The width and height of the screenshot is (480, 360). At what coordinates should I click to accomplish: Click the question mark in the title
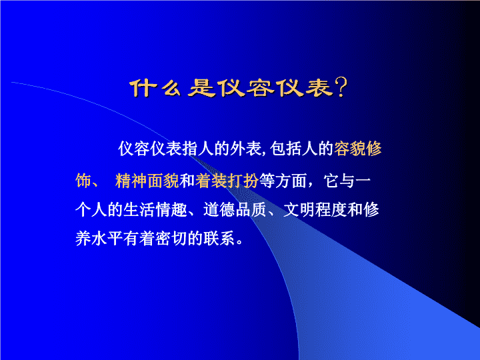click(x=341, y=88)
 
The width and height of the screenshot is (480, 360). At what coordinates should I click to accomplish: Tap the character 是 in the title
click(x=201, y=89)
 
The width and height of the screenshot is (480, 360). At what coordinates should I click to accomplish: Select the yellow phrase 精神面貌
click(x=147, y=181)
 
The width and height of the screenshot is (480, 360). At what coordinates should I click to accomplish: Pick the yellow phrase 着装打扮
click(x=227, y=181)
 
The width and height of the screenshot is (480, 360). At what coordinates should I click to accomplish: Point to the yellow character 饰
click(x=83, y=181)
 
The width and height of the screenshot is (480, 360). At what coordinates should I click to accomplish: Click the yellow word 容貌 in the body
click(x=349, y=149)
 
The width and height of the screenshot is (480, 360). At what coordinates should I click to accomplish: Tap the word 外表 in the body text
click(x=246, y=149)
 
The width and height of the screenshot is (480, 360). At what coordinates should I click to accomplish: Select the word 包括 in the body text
click(x=285, y=149)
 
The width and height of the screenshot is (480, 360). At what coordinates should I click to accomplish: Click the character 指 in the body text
click(x=190, y=149)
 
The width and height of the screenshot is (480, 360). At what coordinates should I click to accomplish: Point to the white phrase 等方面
click(x=283, y=181)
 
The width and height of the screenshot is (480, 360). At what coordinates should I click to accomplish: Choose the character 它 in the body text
click(x=331, y=181)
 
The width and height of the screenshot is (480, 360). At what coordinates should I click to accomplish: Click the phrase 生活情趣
click(x=155, y=210)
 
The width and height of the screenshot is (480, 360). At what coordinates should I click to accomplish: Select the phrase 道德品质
click(x=235, y=210)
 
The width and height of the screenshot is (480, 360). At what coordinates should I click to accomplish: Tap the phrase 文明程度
click(x=315, y=210)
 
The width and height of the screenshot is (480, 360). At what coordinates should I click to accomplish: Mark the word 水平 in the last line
click(x=107, y=239)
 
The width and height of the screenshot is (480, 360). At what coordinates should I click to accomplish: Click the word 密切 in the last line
click(x=171, y=239)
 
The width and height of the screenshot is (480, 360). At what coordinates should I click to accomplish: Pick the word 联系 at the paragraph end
click(x=219, y=239)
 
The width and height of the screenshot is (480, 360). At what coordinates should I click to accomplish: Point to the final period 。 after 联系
click(x=239, y=242)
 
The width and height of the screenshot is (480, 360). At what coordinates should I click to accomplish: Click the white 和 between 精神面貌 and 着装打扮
click(x=187, y=181)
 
